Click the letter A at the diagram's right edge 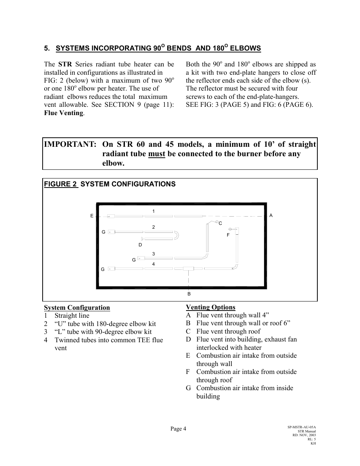click(x=271, y=215)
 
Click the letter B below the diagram click(x=189, y=294)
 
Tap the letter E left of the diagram click(x=92, y=216)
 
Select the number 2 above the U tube click(x=154, y=227)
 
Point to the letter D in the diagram click(x=140, y=245)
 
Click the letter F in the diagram click(x=228, y=235)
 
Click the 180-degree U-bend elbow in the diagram click(x=176, y=236)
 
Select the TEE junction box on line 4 click(x=188, y=269)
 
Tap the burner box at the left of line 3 click(x=141, y=258)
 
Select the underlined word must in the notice click(x=156, y=154)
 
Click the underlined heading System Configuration click(x=77, y=308)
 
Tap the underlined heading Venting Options click(x=211, y=307)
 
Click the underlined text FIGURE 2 click(x=60, y=184)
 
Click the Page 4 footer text click(x=178, y=429)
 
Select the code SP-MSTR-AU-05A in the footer click(x=302, y=427)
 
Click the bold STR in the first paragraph click(x=65, y=65)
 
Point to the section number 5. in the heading click(x=47, y=48)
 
